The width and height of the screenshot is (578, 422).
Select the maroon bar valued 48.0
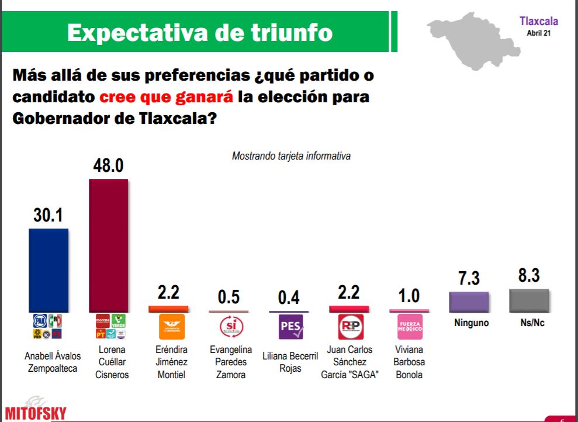(108, 245)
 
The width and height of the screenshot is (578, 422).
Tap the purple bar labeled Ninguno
(469, 301)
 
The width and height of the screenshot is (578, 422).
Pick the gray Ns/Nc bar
(529, 300)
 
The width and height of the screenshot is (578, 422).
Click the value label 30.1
(48, 216)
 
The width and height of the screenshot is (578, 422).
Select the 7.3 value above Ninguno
(469, 278)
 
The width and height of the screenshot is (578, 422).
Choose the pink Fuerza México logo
(410, 327)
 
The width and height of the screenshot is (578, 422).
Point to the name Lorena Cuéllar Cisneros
(110, 362)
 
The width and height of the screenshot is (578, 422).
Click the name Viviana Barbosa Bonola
(410, 362)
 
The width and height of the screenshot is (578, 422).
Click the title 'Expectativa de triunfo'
(200, 32)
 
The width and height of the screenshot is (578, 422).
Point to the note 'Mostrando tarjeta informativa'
(291, 156)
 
